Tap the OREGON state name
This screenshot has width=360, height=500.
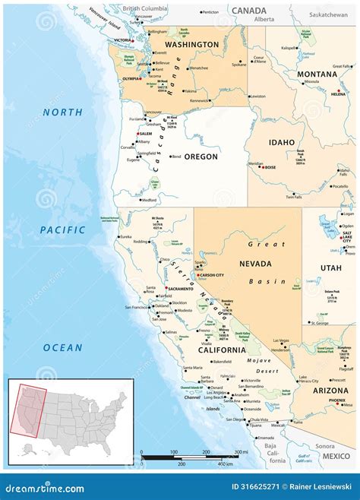201,157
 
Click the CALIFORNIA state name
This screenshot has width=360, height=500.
222,350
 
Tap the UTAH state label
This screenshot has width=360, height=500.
330,268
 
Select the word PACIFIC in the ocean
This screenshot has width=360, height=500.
62,229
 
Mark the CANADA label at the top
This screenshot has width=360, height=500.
249,11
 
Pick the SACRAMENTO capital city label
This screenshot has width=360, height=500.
178,290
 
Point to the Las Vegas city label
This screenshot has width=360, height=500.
281,340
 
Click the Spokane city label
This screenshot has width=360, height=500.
239,65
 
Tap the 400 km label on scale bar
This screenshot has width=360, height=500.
224,463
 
